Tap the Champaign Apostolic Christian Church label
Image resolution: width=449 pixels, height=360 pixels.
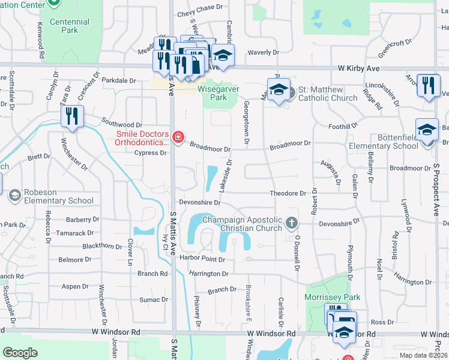(x=242, y=224)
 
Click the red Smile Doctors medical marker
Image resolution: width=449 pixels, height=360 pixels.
(x=178, y=138)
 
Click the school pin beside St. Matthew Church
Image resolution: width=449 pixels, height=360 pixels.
(x=279, y=89)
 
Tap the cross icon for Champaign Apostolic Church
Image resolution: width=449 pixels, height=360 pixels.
(x=292, y=223)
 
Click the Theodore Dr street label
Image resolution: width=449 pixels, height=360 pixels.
(x=288, y=193)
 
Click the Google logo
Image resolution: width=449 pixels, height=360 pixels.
(x=20, y=353)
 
